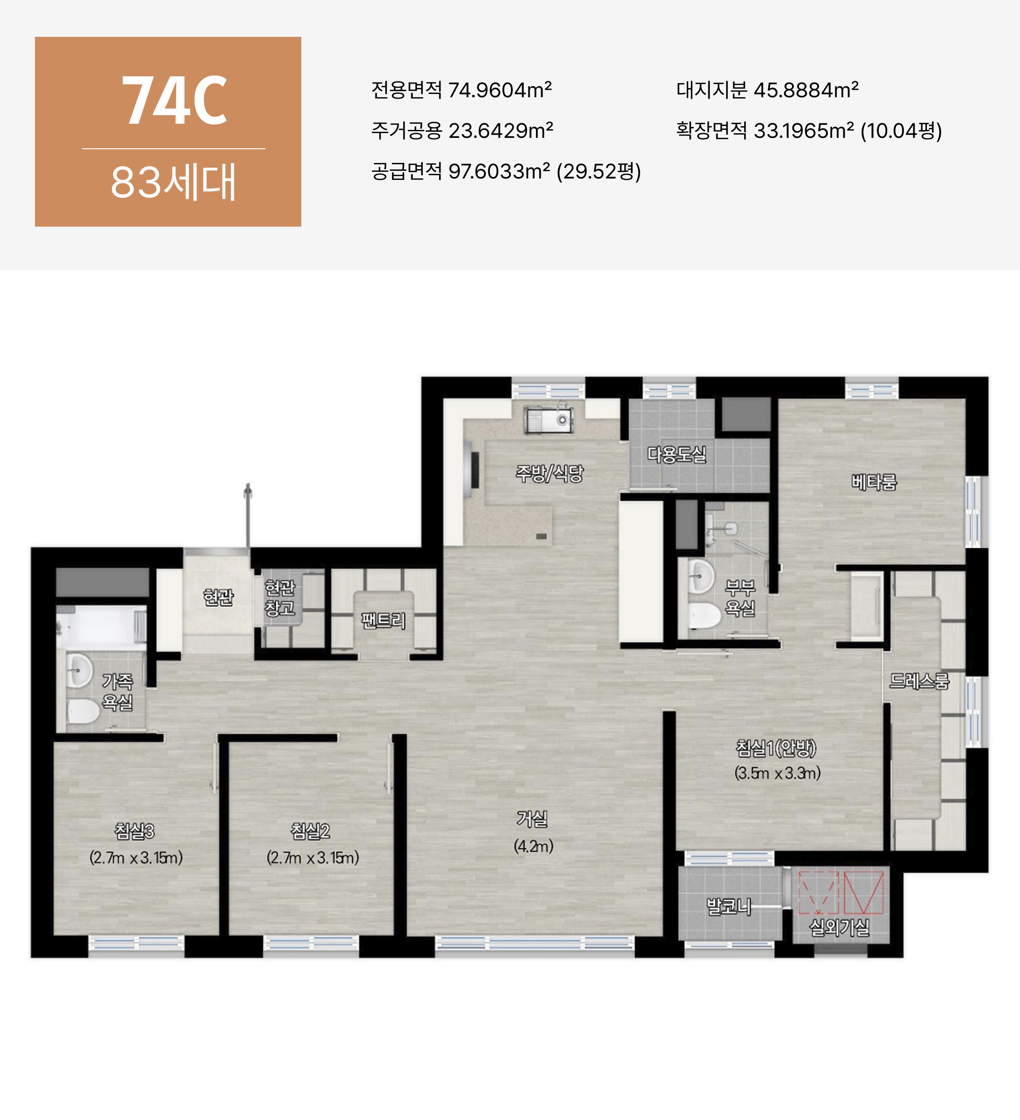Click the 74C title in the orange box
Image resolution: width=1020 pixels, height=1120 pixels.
pyautogui.click(x=174, y=100)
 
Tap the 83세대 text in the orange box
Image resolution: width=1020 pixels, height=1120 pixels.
pyautogui.click(x=173, y=182)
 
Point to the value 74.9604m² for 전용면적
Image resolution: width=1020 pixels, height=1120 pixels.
pyautogui.click(x=500, y=90)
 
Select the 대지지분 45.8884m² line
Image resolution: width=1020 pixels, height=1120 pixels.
pyautogui.click(x=767, y=90)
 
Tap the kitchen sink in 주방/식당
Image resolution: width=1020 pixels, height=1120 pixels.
pyautogui.click(x=548, y=419)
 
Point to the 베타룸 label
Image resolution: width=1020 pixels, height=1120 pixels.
pyautogui.click(x=875, y=482)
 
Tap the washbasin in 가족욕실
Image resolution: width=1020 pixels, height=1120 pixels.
pyautogui.click(x=79, y=670)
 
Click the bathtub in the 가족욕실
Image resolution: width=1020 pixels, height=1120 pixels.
pyautogui.click(x=101, y=626)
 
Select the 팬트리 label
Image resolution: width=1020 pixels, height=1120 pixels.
pyautogui.click(x=383, y=620)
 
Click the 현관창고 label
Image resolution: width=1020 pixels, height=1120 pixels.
pyautogui.click(x=280, y=598)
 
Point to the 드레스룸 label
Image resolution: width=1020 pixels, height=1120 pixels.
pyautogui.click(x=919, y=680)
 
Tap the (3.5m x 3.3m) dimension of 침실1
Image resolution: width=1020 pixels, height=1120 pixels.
pyautogui.click(x=777, y=773)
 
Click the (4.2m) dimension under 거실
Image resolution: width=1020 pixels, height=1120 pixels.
pyautogui.click(x=533, y=846)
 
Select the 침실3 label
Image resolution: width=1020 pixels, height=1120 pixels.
pyautogui.click(x=135, y=831)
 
